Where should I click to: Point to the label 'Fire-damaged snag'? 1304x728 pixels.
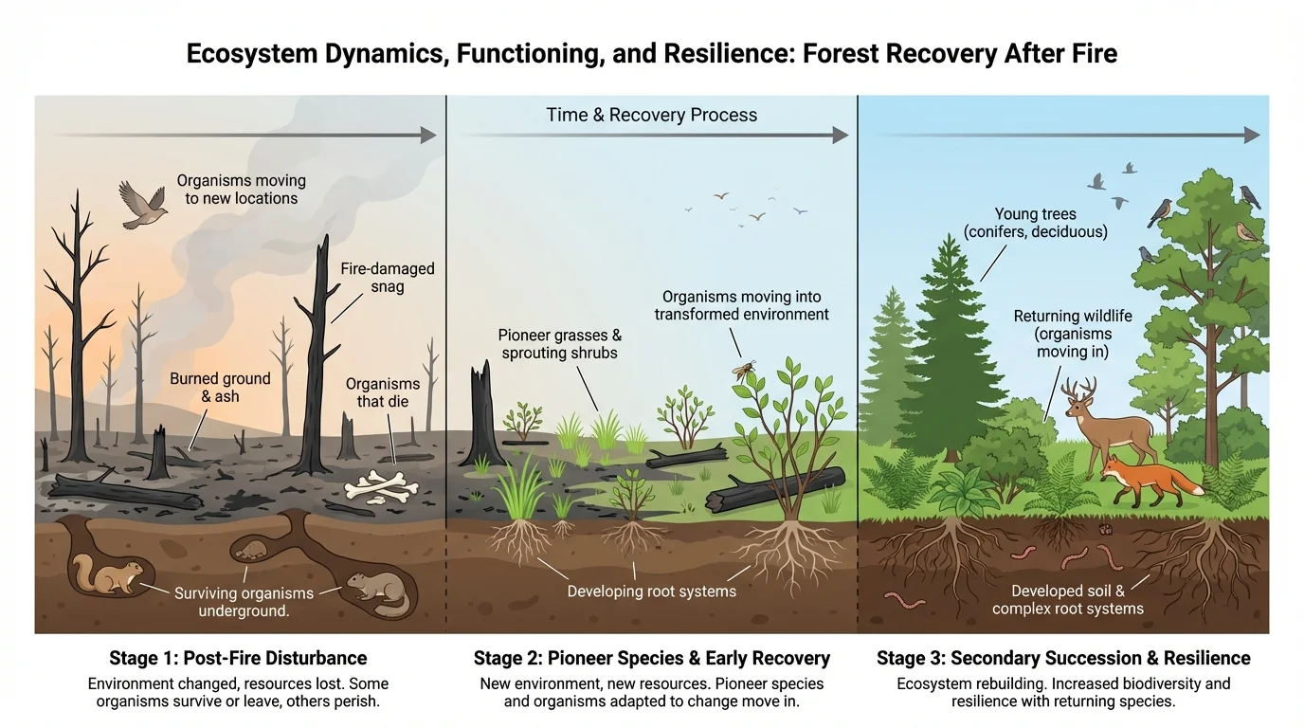pyautogui.click(x=387, y=278)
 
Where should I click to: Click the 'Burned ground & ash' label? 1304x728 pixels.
pyautogui.click(x=220, y=388)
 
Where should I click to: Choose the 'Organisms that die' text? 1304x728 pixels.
pyautogui.click(x=383, y=392)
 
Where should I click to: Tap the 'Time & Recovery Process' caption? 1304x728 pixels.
pyautogui.click(x=651, y=116)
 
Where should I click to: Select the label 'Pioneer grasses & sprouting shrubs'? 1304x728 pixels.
pyautogui.click(x=559, y=344)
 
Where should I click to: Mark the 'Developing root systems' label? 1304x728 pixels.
pyautogui.click(x=651, y=591)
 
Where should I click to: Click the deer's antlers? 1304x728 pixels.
pyautogui.click(x=1079, y=389)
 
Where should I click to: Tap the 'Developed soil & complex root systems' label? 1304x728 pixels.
pyautogui.click(x=1067, y=600)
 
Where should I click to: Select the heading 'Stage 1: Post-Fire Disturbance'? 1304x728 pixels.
pyautogui.click(x=238, y=658)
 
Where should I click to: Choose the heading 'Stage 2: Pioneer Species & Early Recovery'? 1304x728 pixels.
pyautogui.click(x=651, y=658)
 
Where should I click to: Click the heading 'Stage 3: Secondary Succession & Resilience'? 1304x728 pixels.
pyautogui.click(x=1063, y=658)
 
